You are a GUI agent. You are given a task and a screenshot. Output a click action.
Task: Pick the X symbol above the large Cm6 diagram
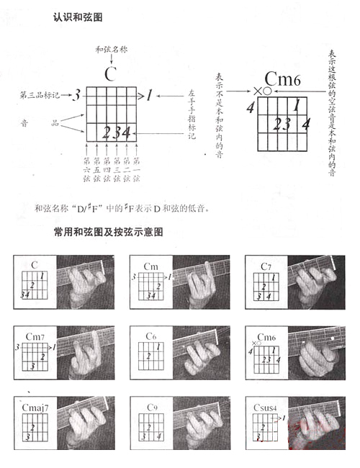pos(257,91)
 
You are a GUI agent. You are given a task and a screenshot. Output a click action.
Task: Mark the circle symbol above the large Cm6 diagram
pos(267,91)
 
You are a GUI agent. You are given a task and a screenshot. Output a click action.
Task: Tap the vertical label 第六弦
pos(86,168)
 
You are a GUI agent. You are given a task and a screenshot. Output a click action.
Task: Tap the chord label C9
pos(151,408)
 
